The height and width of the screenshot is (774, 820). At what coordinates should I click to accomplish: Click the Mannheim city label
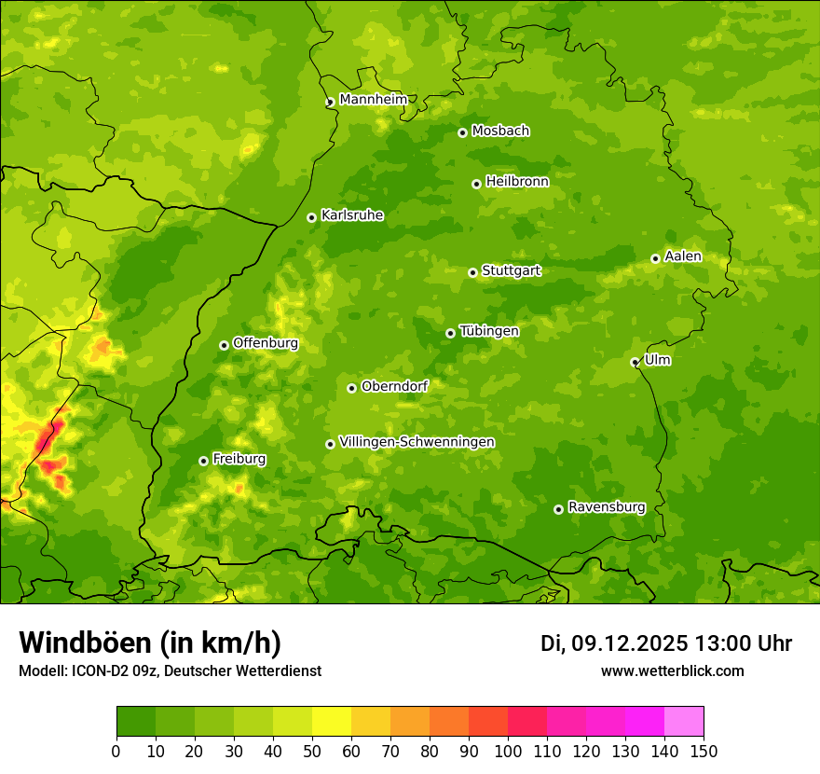coord(373,100)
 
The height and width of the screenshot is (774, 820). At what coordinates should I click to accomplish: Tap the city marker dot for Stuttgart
coord(472,272)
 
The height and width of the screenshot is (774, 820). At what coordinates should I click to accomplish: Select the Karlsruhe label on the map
coord(352,215)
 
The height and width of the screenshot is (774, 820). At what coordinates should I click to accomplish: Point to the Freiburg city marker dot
coord(203,461)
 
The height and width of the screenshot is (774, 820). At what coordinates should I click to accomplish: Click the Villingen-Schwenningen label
coord(417,442)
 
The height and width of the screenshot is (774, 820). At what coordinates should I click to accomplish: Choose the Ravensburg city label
coord(607,507)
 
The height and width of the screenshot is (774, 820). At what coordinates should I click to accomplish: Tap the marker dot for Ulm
coord(635,362)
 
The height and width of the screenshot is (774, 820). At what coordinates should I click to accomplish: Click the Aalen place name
coord(683,256)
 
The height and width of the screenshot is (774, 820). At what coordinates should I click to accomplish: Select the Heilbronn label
coord(517,182)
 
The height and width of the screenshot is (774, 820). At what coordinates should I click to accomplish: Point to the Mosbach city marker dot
coord(462,132)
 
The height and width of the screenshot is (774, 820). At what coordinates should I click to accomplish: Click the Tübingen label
coord(489,331)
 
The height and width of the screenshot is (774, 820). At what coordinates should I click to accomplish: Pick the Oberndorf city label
coord(394,386)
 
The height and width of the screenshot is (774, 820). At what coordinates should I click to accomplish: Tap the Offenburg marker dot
coord(224,345)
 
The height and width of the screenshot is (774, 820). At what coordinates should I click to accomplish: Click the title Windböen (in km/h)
coord(150,643)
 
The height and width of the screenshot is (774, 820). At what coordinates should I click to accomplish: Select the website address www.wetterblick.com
coord(672,670)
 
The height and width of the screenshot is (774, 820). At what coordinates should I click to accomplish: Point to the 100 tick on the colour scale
coord(508,751)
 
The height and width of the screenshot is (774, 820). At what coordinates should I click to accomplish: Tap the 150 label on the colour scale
coord(704,751)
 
